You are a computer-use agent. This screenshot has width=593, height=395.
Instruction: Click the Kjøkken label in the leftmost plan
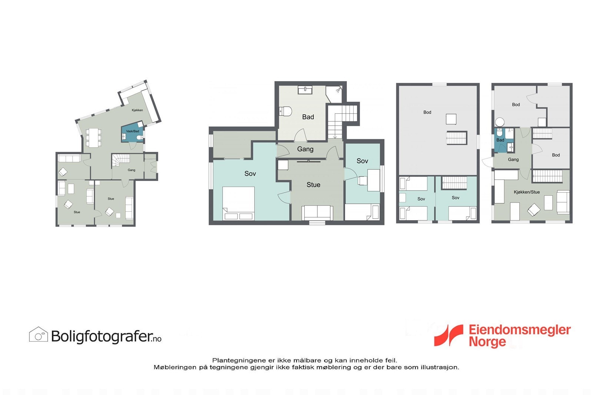[x=137, y=110]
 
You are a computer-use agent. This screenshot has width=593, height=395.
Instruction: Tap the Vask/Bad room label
[x=132, y=131]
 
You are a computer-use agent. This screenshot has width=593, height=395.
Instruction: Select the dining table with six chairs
[x=93, y=137]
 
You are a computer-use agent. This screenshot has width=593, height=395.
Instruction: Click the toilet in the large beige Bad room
[x=285, y=111]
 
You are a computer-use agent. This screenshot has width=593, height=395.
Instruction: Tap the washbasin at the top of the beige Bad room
[x=305, y=90]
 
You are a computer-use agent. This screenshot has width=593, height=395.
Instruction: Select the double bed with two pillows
[x=238, y=203]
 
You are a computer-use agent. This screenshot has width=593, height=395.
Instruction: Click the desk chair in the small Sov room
[x=362, y=180]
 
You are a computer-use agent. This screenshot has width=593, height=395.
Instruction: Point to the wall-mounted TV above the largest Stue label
[x=309, y=161]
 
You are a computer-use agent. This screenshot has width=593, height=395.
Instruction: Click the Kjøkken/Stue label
[x=526, y=192]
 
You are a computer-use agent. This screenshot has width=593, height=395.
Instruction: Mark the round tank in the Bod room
[x=500, y=122]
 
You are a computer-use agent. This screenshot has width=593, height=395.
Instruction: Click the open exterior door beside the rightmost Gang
[x=487, y=162]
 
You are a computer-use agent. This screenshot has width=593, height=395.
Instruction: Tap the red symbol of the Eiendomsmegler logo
[x=449, y=335]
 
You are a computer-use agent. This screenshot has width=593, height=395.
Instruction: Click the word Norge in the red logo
[x=487, y=342]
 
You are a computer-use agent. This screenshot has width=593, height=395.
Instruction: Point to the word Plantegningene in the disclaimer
[x=239, y=360]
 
